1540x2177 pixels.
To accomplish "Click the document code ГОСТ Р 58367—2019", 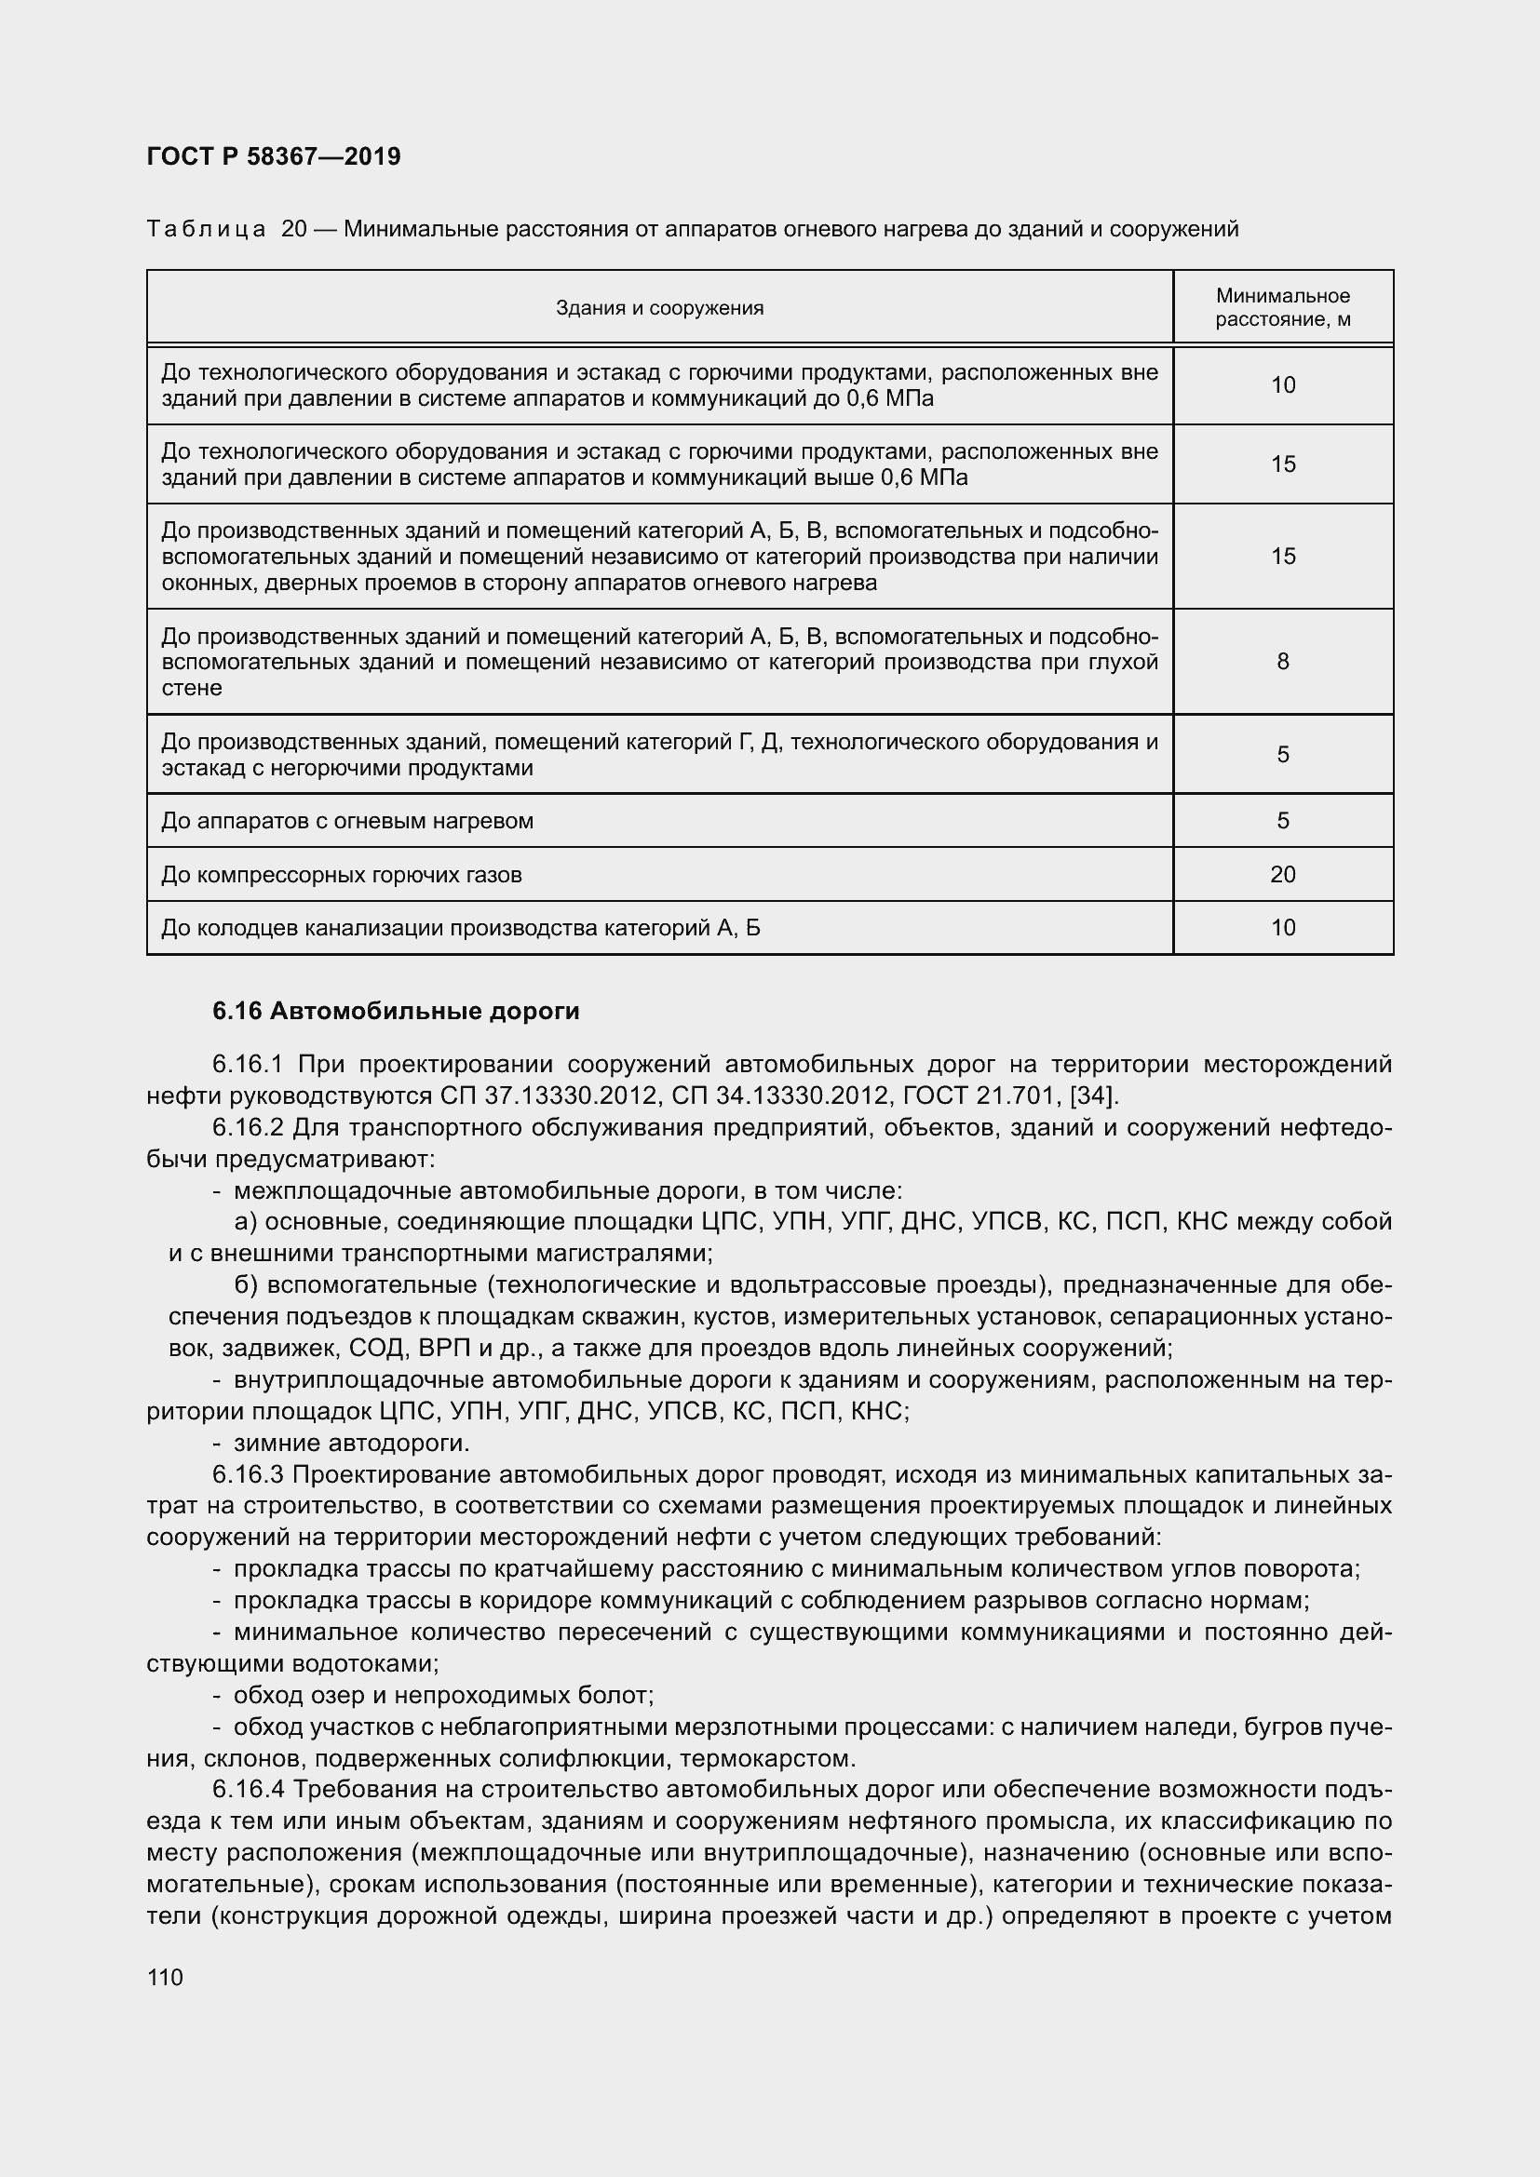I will pos(274,156).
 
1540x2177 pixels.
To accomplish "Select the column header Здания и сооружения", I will pos(659,307).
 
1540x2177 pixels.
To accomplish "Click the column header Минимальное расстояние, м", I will pos(1282,307).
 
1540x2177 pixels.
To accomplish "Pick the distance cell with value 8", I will pos(1282,661).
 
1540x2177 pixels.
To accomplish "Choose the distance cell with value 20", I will pos(1282,873).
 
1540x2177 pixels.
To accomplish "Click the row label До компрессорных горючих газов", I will pos(342,874).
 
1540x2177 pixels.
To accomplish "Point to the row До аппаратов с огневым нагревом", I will pos(347,820).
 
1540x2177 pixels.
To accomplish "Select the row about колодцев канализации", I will pos(460,927).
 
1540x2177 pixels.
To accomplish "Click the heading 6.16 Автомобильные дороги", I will pos(396,1012).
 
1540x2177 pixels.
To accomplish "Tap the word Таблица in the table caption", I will pos(206,230).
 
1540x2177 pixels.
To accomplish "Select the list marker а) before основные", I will pos(245,1222).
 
